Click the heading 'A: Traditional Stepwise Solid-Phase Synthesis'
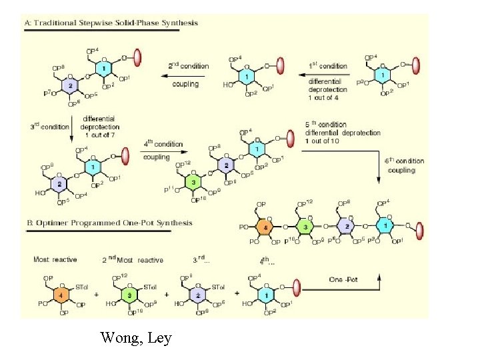point(111,23)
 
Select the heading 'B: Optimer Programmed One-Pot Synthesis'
point(109,223)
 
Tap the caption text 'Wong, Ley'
point(136,339)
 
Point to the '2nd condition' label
point(188,66)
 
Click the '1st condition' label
point(327,66)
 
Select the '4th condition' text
point(163,143)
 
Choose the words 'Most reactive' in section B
point(55,259)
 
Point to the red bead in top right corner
point(415,65)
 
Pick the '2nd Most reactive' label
point(131,259)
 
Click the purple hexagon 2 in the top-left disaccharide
point(71,86)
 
